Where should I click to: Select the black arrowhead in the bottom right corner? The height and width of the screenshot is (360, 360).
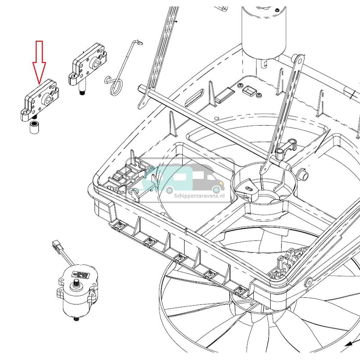(x=348, y=345)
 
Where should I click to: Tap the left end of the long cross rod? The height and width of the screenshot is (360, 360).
(x=141, y=87)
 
